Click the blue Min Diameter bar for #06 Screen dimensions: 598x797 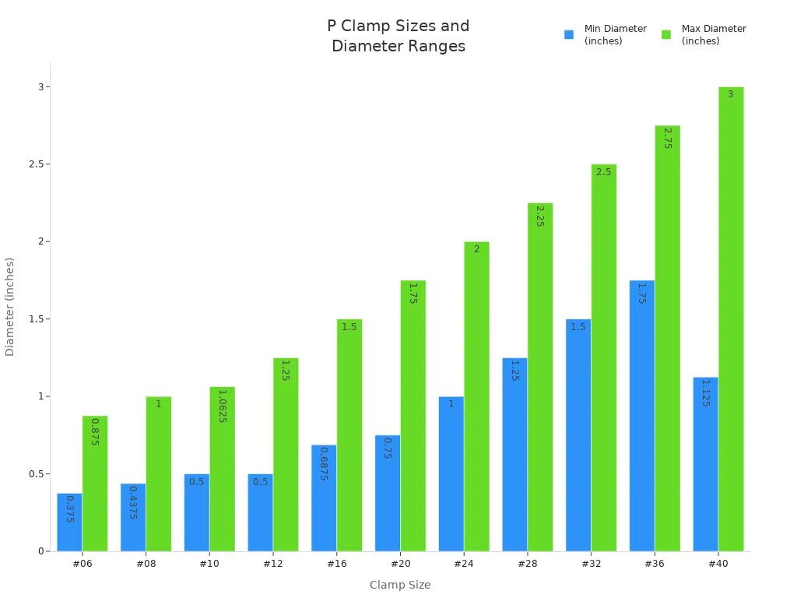[x=69, y=522]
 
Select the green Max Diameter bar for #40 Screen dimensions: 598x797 [x=731, y=319]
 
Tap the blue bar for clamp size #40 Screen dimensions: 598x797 [x=705, y=464]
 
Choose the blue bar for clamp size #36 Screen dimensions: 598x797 [x=642, y=416]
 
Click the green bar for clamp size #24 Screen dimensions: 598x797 [x=476, y=396]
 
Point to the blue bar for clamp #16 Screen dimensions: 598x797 [x=324, y=498]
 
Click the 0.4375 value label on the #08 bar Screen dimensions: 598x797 [x=133, y=502]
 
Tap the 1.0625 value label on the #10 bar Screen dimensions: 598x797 [x=222, y=406]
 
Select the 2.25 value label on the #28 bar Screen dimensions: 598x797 [x=539, y=216]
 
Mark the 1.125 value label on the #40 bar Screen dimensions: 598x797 [x=705, y=393]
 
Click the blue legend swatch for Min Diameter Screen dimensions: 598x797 [x=569, y=35]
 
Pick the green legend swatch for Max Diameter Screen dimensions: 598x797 [x=666, y=35]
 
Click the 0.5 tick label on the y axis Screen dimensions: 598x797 [x=34, y=474]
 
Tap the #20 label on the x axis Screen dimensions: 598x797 [x=400, y=564]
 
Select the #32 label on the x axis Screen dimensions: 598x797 [x=591, y=564]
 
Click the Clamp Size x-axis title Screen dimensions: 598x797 [x=400, y=585]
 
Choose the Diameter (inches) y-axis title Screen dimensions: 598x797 [x=10, y=307]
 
